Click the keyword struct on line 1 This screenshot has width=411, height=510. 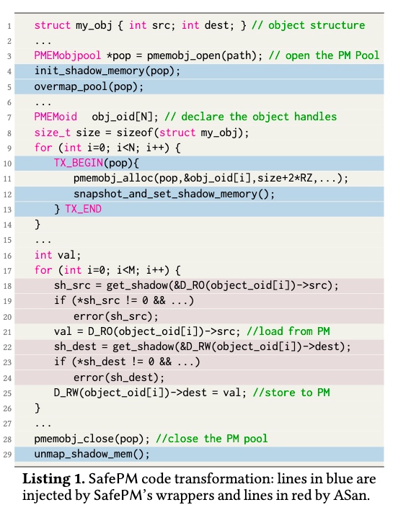click(x=53, y=25)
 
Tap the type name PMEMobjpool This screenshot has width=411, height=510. click(x=68, y=55)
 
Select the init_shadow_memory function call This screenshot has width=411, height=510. click(x=107, y=71)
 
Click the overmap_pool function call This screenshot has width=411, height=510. click(x=89, y=87)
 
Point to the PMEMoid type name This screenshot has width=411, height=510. click(x=56, y=117)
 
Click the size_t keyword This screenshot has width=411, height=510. click(x=53, y=133)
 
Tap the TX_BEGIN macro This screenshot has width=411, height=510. click(x=79, y=163)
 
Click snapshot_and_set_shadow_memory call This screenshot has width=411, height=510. click(x=174, y=194)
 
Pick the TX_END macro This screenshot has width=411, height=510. click(x=83, y=209)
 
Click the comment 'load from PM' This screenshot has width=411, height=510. click(x=288, y=331)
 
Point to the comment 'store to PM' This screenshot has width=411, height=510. click(x=291, y=393)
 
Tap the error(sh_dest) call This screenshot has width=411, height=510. click(x=119, y=377)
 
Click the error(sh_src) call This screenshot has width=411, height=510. click(x=115, y=316)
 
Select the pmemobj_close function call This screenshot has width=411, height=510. click(x=92, y=439)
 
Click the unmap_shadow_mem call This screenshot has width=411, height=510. click(x=92, y=454)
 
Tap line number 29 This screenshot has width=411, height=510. click(x=7, y=455)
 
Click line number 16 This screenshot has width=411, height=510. click(x=7, y=256)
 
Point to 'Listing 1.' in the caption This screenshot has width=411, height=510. click(x=54, y=480)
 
